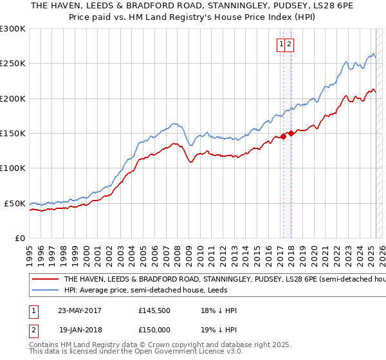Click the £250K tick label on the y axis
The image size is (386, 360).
(12, 64)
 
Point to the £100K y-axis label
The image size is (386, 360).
(12, 168)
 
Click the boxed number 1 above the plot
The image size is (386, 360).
(282, 44)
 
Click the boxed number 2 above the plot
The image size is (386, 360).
(289, 44)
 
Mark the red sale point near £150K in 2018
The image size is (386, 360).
(291, 133)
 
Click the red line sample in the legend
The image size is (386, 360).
(44, 280)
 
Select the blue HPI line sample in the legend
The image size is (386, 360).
(44, 291)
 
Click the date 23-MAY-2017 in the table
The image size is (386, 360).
(80, 310)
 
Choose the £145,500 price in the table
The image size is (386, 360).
(154, 310)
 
